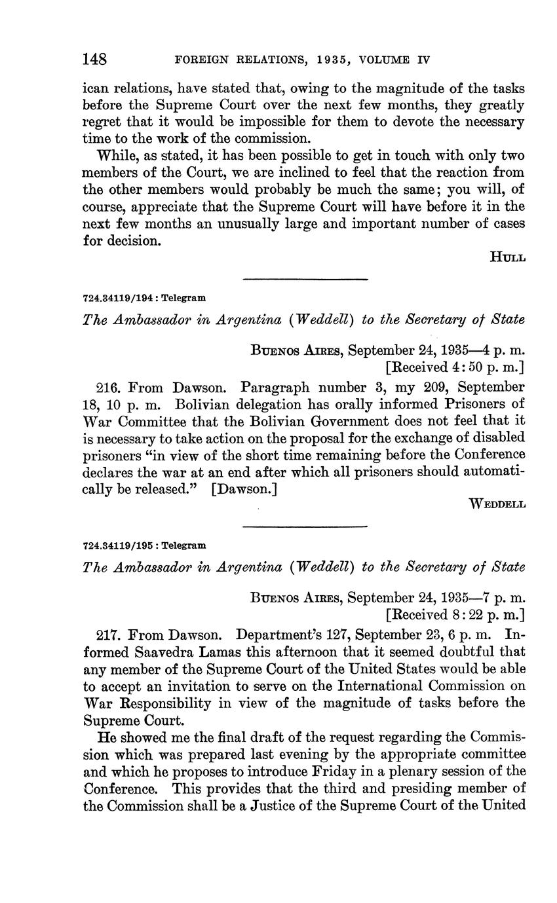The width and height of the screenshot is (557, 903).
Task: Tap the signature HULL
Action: point(507,257)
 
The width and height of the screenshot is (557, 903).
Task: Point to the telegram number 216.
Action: point(107,387)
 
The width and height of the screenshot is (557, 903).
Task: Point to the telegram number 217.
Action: point(107,635)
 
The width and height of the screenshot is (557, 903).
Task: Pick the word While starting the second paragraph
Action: point(115,156)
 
